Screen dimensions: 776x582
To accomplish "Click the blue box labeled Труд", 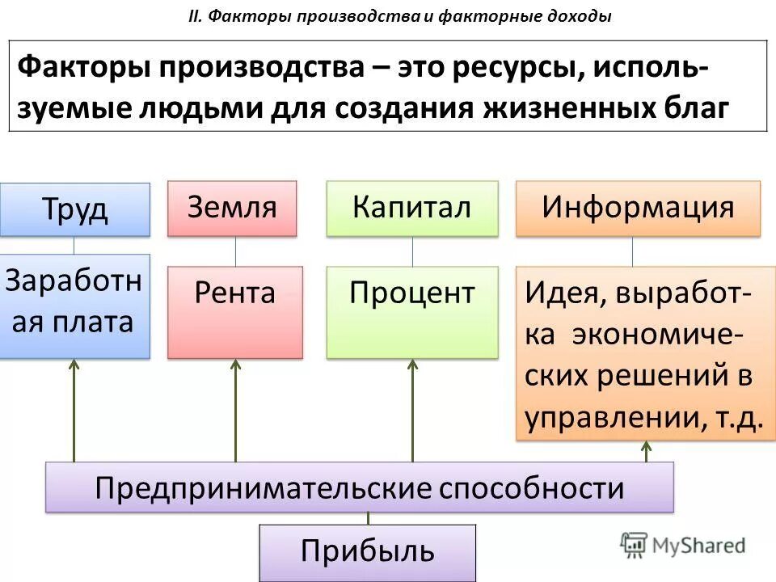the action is coord(74,209).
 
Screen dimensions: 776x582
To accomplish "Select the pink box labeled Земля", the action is coord(232,208).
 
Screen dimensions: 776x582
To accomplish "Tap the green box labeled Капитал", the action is coord(411,208).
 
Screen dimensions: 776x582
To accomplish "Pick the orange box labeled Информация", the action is coord(638,208).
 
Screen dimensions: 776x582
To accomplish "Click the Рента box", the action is coord(234,312).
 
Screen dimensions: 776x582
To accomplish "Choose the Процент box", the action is coord(411,312).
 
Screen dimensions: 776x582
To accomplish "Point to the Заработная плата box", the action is coord(74,306).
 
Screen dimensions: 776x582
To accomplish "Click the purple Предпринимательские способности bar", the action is coord(360,487).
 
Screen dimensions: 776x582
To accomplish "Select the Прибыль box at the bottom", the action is coord(368,551).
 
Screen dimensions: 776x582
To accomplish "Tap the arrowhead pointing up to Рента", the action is coord(235,365).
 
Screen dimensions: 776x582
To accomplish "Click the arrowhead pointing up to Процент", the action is coord(412,365).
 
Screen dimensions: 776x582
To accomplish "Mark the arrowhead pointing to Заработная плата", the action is coord(74,365).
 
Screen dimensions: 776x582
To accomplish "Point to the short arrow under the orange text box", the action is coord(647,450).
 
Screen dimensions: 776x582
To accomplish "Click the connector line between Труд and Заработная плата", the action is coord(74,245).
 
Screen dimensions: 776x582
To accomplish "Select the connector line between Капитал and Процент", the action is coord(412,251).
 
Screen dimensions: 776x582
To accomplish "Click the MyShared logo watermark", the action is coord(683,544).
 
